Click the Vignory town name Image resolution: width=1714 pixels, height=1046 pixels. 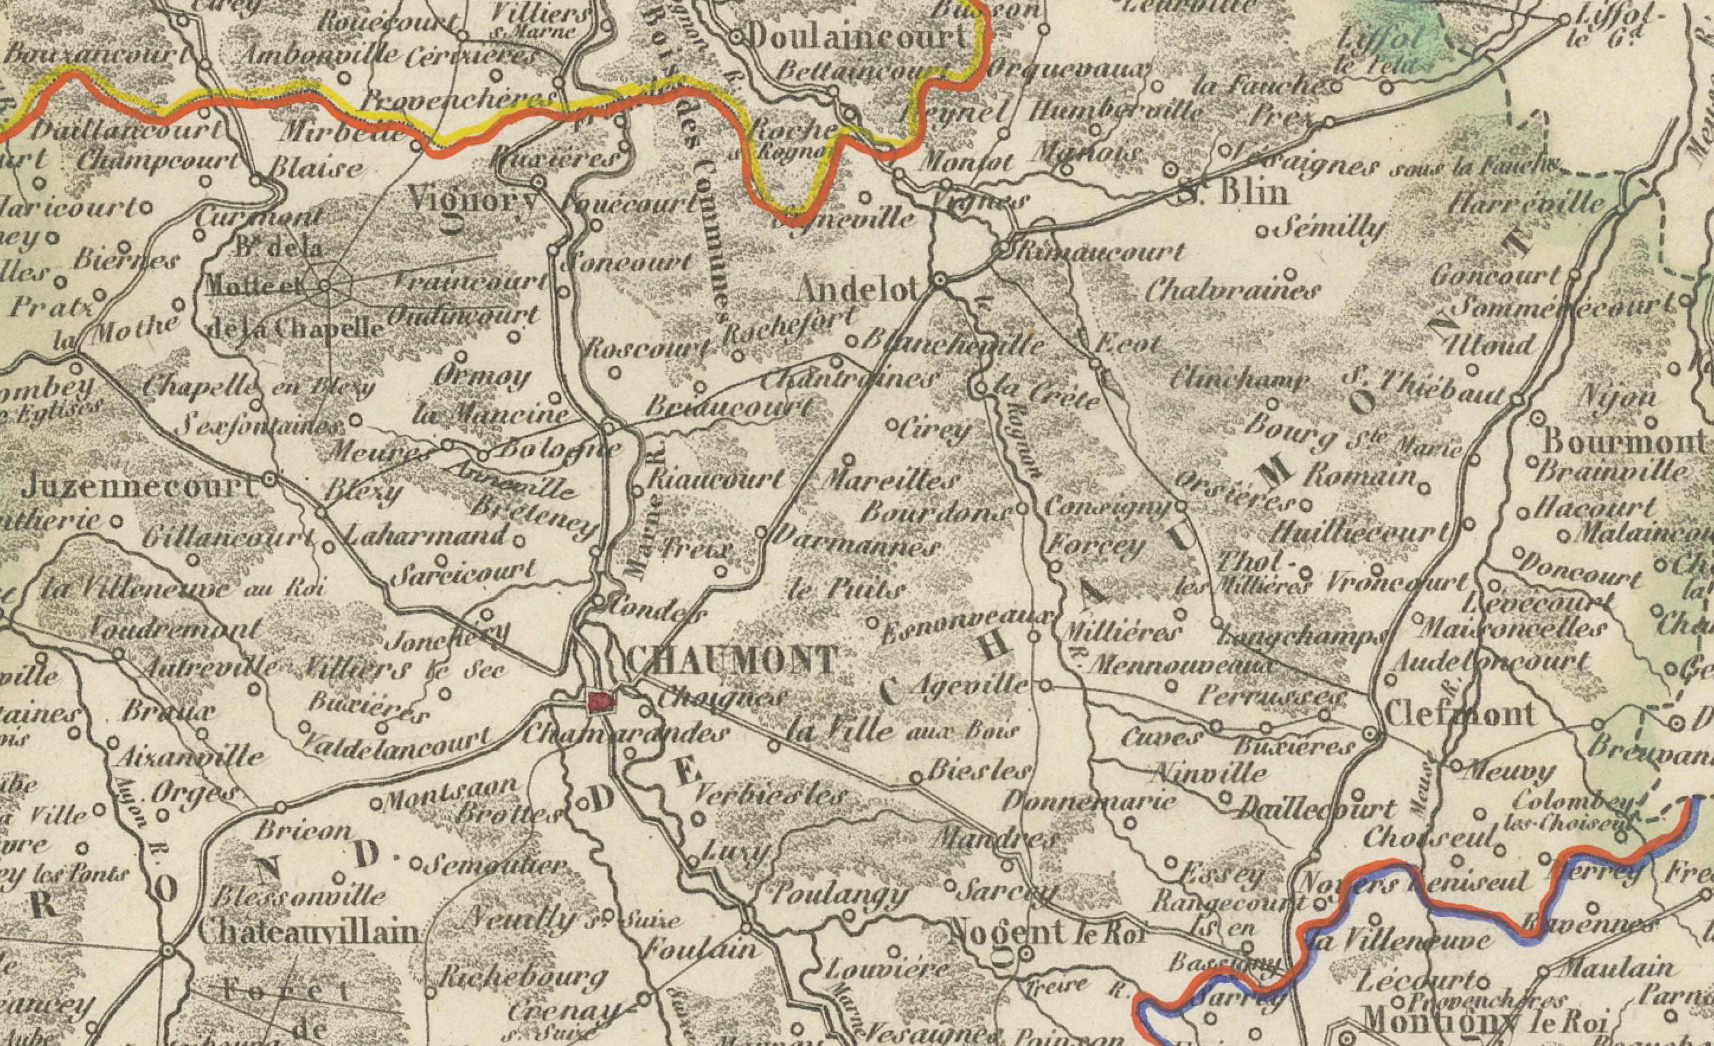point(473,200)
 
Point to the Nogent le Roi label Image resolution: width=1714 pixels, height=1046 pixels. point(1047,931)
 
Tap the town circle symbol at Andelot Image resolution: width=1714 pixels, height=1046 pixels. point(940,280)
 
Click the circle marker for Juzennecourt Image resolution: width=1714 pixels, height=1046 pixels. point(271,479)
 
